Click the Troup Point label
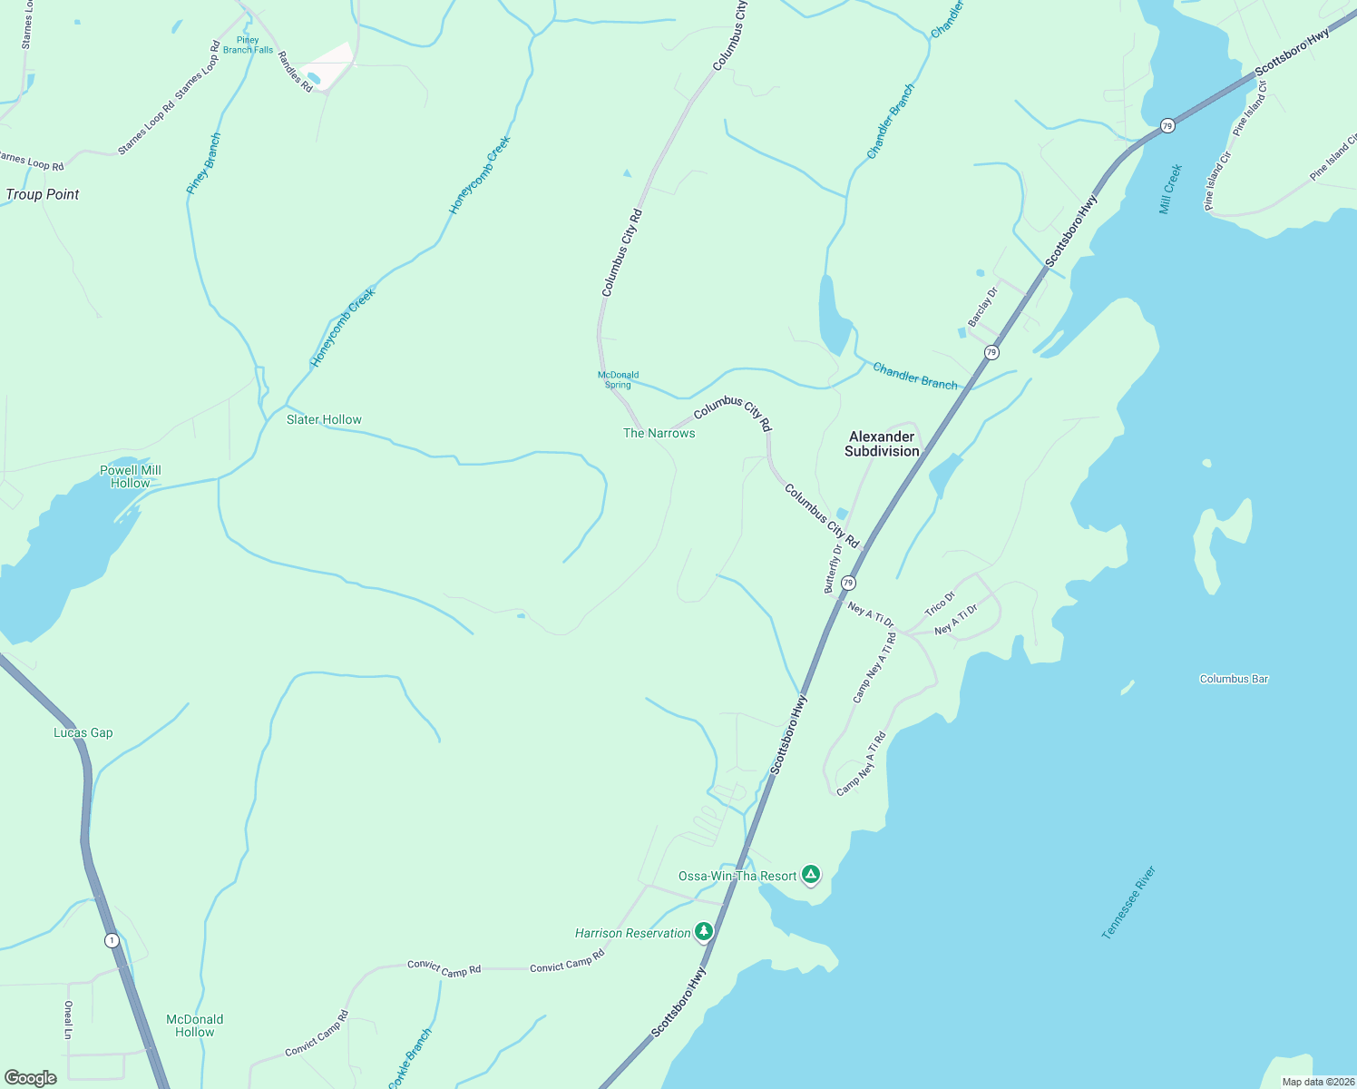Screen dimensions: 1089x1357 43,194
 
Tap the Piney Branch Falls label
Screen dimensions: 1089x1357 248,45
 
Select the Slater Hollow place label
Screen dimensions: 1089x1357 324,419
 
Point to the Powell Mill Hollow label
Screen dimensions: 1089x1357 131,476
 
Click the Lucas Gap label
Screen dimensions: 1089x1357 83,732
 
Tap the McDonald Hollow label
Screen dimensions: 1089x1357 195,1025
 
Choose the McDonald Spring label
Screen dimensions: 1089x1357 619,379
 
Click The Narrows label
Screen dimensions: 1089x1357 659,433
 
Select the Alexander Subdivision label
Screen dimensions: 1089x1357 882,444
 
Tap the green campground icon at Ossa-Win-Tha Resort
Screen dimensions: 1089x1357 811,875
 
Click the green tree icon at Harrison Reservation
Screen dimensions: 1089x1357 703,931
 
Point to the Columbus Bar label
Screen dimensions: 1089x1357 1234,679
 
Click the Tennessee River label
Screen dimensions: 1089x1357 1128,903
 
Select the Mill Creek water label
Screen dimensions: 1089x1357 1170,189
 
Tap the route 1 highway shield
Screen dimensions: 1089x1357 112,940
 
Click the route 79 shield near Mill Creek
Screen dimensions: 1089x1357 1167,125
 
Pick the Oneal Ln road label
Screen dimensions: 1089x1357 68,1020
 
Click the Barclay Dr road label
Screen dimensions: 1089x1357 982,307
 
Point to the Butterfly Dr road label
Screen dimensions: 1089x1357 832,569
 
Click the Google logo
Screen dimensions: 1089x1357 31,1078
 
